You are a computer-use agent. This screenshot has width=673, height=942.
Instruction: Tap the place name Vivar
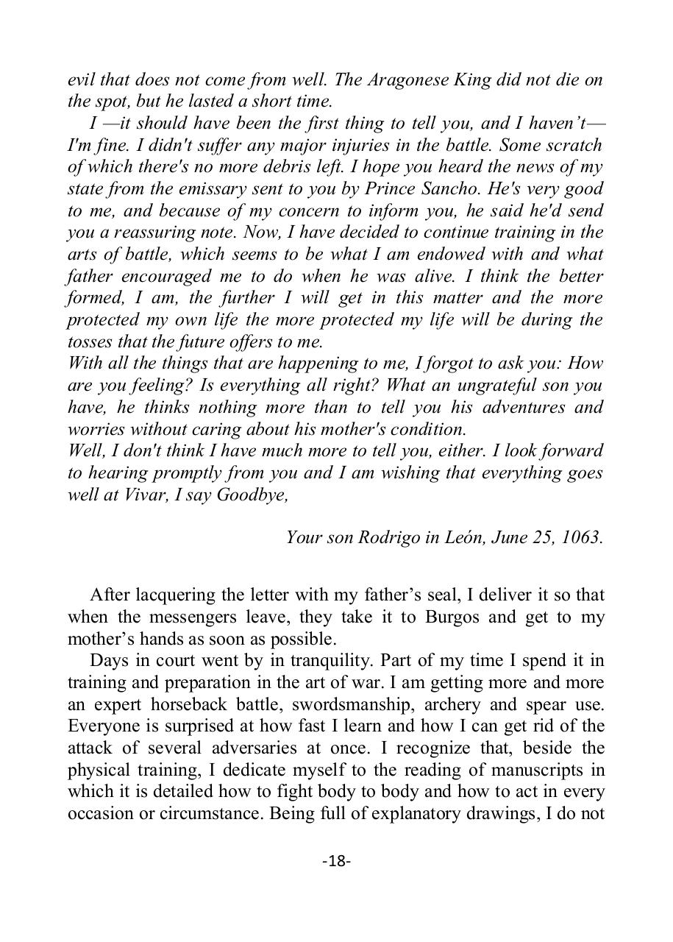pos(138,495)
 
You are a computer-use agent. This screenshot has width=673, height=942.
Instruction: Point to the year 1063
pos(581,537)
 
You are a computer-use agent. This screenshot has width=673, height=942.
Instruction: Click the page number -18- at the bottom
pos(336,860)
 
